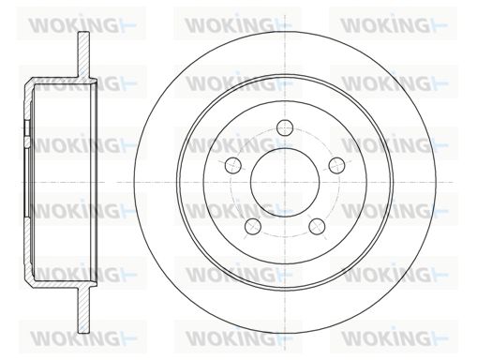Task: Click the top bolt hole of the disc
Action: click(286, 128)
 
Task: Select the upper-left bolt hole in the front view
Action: click(233, 166)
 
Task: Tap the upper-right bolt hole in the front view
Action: click(336, 166)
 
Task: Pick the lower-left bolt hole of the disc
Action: click(253, 226)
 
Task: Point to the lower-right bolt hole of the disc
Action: click(317, 226)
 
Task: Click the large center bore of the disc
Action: click(285, 183)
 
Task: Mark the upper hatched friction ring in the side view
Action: click(82, 53)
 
